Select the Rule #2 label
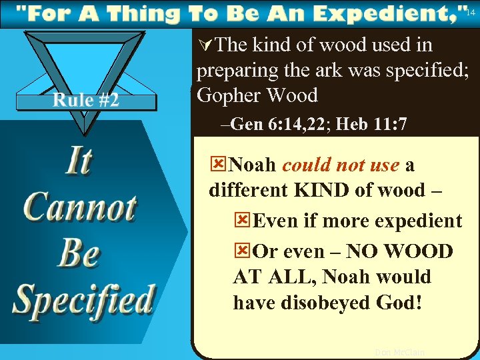[86, 100]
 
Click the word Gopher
[229, 95]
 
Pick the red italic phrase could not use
[341, 165]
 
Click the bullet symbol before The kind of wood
[206, 45]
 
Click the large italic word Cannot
[80, 208]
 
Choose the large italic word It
[78, 162]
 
